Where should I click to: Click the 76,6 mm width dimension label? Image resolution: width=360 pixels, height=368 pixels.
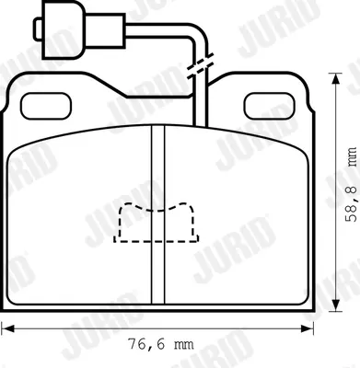[160, 344]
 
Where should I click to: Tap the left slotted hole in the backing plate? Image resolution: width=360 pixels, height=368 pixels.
[46, 106]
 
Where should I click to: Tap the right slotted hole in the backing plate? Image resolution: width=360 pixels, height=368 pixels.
[270, 106]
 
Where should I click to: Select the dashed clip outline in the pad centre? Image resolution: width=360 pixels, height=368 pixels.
[157, 223]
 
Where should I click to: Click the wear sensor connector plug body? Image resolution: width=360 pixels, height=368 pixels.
[63, 29]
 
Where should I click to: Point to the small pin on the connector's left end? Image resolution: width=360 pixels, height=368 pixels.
[38, 29]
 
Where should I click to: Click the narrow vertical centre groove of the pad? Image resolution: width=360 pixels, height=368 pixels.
[158, 214]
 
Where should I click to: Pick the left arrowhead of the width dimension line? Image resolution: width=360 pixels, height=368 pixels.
[7, 329]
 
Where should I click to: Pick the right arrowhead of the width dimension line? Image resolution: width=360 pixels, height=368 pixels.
[308, 329]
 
